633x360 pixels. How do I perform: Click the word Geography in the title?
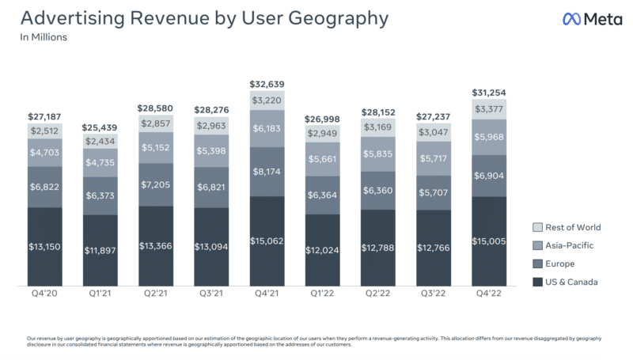[x=326, y=17]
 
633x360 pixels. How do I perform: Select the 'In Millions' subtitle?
[x=44, y=37]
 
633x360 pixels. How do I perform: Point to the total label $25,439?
[x=100, y=127]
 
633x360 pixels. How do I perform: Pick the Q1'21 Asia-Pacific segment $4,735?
[x=100, y=163]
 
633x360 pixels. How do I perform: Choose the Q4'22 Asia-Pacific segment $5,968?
[x=488, y=136]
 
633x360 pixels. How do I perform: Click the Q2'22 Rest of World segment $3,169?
[x=377, y=127]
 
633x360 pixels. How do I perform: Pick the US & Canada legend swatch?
[x=538, y=282]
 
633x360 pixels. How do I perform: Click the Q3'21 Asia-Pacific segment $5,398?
[x=211, y=150]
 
